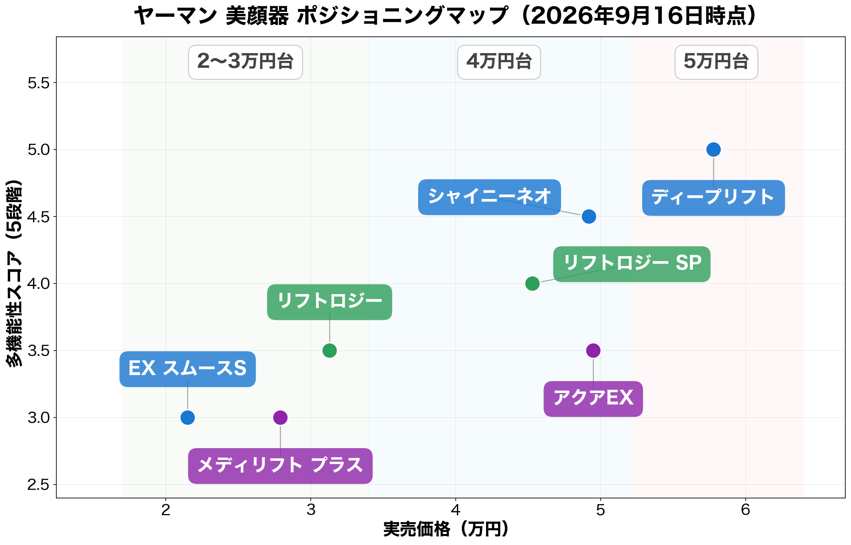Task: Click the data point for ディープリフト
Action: pyautogui.click(x=713, y=150)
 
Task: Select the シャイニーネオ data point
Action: pyautogui.click(x=589, y=217)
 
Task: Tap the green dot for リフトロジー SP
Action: pyautogui.click(x=532, y=284)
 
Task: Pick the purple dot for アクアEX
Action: pyautogui.click(x=593, y=351)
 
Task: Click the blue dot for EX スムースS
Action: pyautogui.click(x=187, y=418)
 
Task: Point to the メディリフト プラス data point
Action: pyautogui.click(x=280, y=418)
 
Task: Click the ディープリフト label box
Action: pyautogui.click(x=713, y=198)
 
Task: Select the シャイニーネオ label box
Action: pyautogui.click(x=489, y=197)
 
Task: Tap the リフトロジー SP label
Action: pyautogui.click(x=632, y=264)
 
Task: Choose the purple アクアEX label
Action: pyautogui.click(x=593, y=399)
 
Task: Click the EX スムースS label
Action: pyautogui.click(x=187, y=369)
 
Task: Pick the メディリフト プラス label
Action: pyautogui.click(x=280, y=466)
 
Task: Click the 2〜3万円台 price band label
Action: pyautogui.click(x=245, y=62)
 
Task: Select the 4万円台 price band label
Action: pyautogui.click(x=499, y=62)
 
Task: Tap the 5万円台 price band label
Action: pyautogui.click(x=716, y=62)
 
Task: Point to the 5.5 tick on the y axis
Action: pyautogui.click(x=38, y=83)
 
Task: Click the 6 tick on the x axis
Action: pyautogui.click(x=746, y=510)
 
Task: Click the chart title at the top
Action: pyautogui.click(x=445, y=16)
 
